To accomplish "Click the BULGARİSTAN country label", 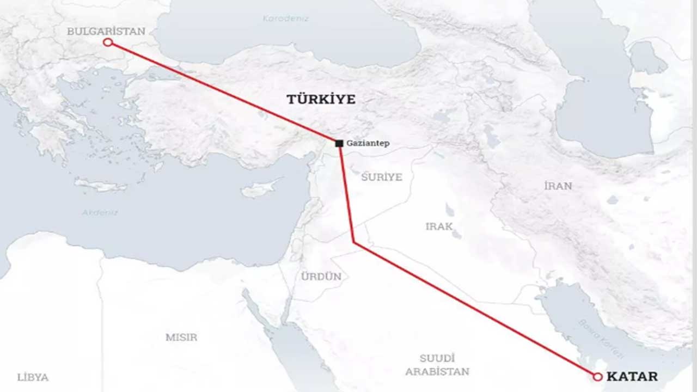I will click(106, 31).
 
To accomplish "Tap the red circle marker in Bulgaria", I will click(108, 42).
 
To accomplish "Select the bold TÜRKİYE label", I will click(321, 99).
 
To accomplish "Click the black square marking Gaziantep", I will click(339, 143).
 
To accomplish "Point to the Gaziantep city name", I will click(368, 143).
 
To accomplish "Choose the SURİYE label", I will click(381, 177).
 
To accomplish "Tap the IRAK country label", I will click(439, 226).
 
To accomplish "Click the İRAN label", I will click(558, 186).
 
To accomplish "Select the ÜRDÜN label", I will click(321, 277).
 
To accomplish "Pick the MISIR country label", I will click(181, 337).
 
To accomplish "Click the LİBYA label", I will click(33, 377).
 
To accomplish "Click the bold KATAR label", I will click(632, 376).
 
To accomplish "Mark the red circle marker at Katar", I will click(597, 376).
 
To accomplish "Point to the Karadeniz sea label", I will click(286, 19).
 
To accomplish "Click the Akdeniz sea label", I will click(100, 212).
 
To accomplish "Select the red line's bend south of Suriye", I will click(354, 242).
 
